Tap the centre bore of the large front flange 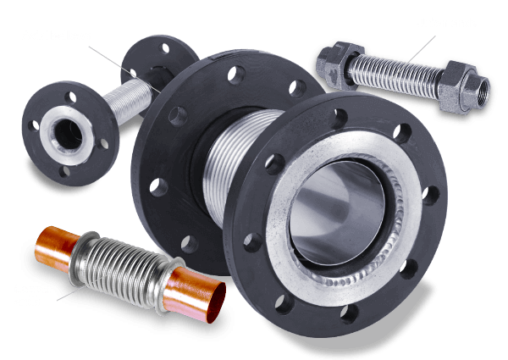click(339, 216)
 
